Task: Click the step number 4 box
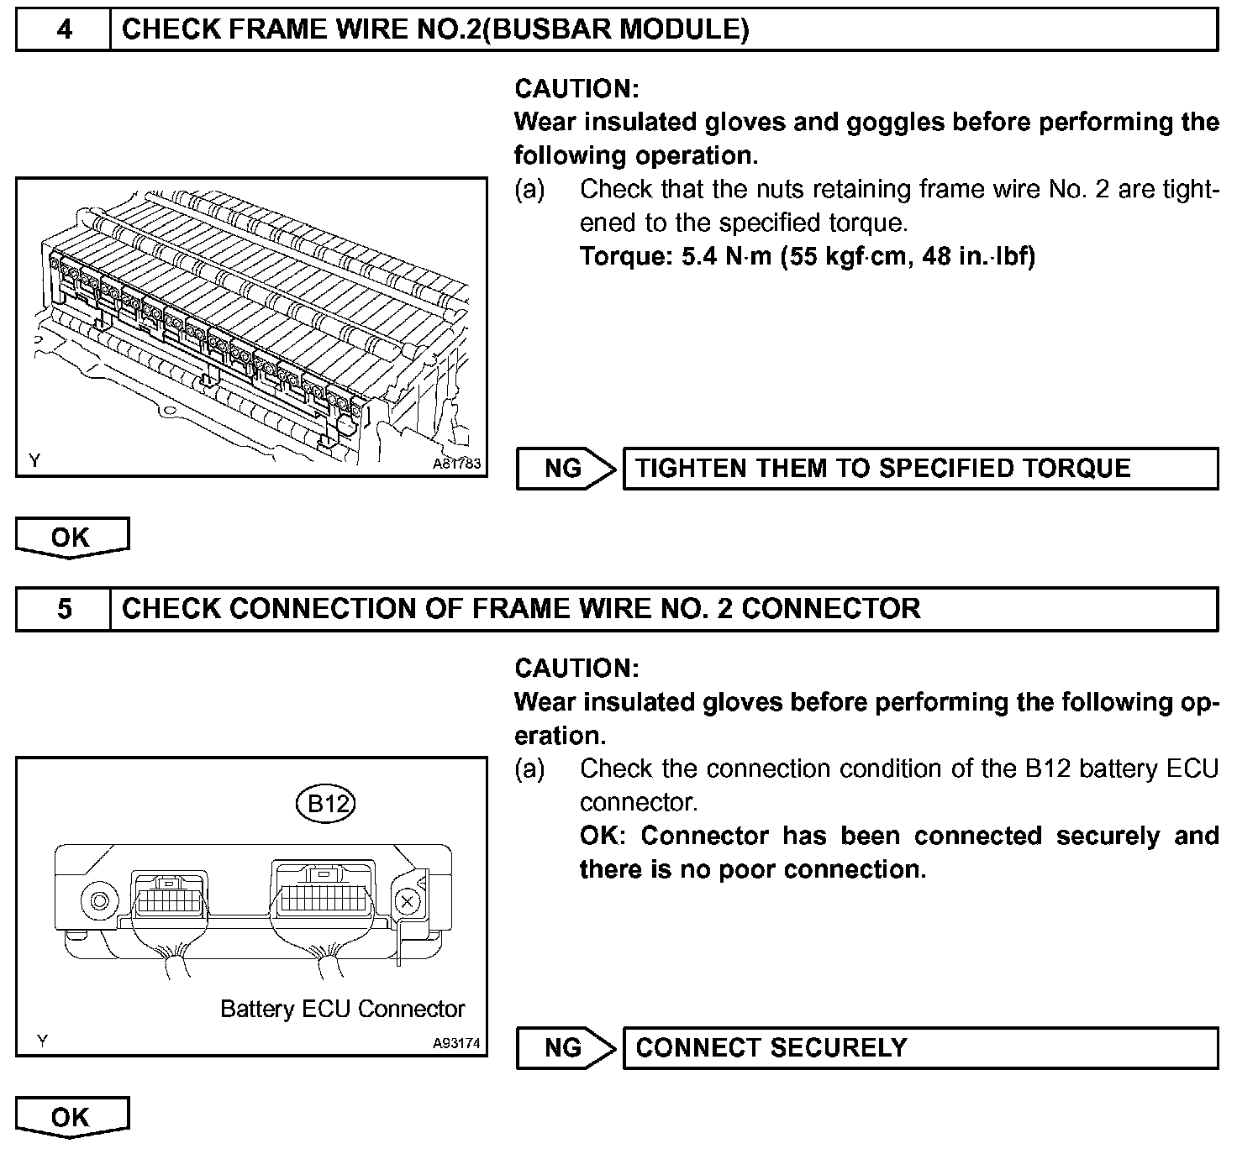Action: (x=64, y=30)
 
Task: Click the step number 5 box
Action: (x=64, y=609)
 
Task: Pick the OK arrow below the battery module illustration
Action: (x=71, y=538)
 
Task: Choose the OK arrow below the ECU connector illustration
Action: (x=71, y=1117)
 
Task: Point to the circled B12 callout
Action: (x=327, y=805)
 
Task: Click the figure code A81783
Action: (x=456, y=464)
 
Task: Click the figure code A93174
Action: (x=456, y=1044)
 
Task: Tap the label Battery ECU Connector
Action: (x=342, y=1009)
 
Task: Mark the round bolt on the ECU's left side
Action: (x=99, y=902)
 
